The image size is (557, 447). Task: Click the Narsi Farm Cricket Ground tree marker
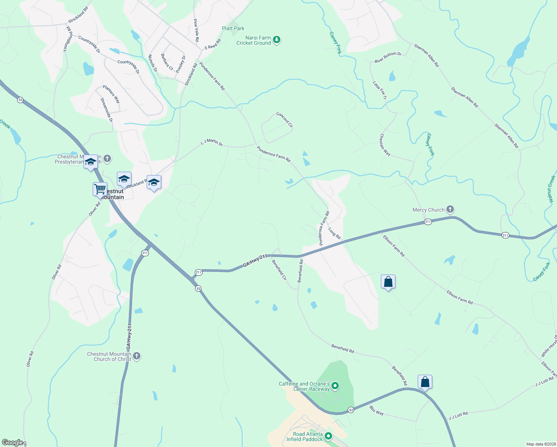[276, 39]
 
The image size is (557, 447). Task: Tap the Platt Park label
[233, 28]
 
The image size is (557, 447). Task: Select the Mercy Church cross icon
[450, 209]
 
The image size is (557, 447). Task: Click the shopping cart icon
[100, 189]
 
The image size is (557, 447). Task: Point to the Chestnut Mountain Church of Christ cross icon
[137, 356]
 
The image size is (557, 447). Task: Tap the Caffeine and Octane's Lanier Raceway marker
[335, 386]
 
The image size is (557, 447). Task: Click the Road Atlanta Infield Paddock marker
[328, 436]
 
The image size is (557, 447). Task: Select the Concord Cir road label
[284, 120]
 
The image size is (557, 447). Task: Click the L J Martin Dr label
[211, 142]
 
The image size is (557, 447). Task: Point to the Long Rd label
[334, 233]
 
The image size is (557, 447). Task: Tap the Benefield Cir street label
[279, 270]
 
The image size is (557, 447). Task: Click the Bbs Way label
[376, 410]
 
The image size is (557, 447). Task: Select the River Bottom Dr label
[388, 57]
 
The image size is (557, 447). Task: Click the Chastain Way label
[385, 145]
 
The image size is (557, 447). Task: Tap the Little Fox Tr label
[380, 90]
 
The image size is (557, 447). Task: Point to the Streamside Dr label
[106, 110]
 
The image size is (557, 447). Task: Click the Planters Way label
[111, 94]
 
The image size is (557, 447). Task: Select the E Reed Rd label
[213, 44]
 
